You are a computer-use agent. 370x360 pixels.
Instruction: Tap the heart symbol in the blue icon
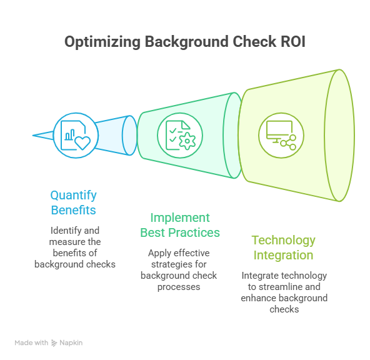[x=82, y=142]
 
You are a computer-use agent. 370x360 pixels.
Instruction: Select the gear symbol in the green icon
[x=187, y=141]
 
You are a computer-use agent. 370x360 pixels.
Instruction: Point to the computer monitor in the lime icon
[x=279, y=131]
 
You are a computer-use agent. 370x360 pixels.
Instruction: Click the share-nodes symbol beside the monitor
[x=288, y=142]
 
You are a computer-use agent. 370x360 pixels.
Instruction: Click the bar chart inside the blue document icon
[x=70, y=135]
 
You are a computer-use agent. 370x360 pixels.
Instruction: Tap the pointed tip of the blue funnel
[x=32, y=136]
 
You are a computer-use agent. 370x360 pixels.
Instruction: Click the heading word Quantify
[x=73, y=196]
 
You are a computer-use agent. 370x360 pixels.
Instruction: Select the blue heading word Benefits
[x=73, y=210]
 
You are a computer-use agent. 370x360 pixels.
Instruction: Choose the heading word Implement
[x=180, y=218]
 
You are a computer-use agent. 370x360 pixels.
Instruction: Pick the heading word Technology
[x=283, y=241]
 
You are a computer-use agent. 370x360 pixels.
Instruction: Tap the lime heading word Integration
[x=283, y=256]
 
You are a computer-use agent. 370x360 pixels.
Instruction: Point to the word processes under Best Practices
[x=179, y=287]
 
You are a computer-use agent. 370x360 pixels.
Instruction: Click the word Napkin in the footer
[x=71, y=342]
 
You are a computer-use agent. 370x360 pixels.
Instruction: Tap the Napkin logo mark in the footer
[x=54, y=343]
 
